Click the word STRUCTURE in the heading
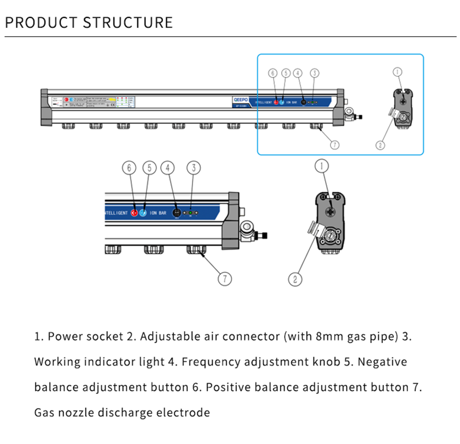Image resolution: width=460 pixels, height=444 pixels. [128, 22]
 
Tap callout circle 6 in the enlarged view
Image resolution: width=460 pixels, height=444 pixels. [129, 168]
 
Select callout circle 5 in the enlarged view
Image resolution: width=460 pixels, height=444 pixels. [150, 168]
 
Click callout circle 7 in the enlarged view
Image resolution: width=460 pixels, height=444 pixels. [225, 278]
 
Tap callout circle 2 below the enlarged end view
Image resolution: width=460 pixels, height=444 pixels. [295, 278]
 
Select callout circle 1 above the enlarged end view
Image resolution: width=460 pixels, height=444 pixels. [322, 165]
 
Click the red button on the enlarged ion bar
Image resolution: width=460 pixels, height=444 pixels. [135, 213]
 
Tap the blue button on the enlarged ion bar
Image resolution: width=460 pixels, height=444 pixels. [143, 213]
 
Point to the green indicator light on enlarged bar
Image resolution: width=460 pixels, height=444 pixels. [190, 213]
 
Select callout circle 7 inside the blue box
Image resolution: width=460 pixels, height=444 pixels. [335, 145]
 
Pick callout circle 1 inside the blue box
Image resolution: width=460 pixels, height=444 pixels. [398, 72]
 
